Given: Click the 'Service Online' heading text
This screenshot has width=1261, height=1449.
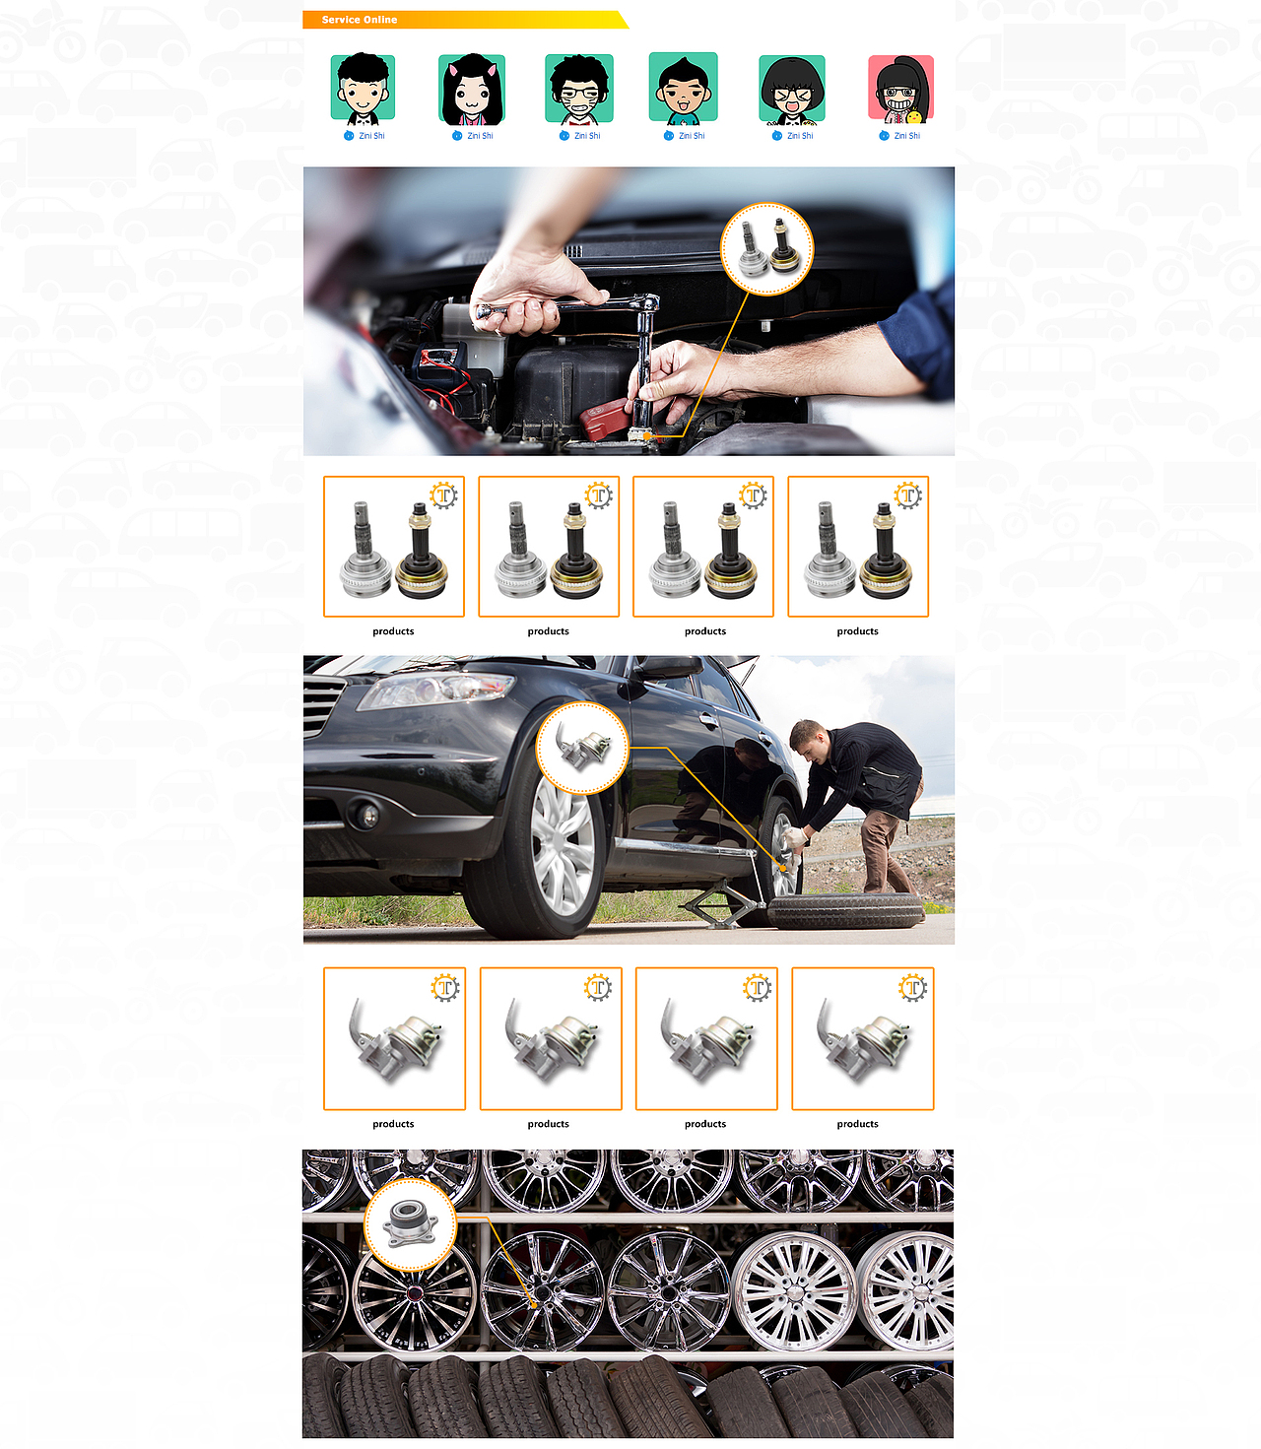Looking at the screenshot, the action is click(359, 20).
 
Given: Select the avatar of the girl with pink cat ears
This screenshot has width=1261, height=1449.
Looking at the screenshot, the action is click(472, 90).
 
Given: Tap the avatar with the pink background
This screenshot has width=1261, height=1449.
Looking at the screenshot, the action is click(900, 90).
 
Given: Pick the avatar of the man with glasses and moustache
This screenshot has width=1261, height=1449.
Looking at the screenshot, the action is click(579, 90).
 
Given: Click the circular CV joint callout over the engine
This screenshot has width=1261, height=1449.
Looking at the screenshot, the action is click(766, 248).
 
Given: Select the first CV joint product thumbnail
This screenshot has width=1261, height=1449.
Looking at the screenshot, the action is click(394, 546).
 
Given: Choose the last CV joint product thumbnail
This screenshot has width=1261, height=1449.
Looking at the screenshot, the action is click(858, 546).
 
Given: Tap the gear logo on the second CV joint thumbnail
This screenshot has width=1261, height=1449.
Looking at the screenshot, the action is click(599, 495).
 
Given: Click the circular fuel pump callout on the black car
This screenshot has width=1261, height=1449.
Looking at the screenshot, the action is click(582, 748).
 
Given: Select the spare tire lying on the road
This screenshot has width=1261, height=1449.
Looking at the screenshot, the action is click(846, 910).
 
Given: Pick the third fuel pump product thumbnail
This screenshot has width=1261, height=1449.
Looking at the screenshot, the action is click(706, 1038).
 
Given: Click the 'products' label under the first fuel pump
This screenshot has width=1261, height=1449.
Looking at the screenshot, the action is click(393, 1124).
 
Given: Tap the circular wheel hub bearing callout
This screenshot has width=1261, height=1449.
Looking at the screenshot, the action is click(410, 1224).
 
